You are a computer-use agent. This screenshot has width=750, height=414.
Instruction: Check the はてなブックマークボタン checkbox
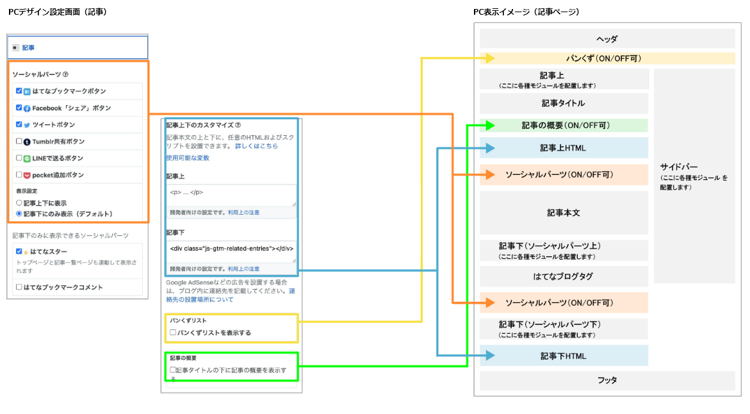pos(19,91)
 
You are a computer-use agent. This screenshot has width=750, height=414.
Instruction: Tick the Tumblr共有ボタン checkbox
pos(19,141)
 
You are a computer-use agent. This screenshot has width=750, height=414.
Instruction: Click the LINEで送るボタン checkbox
pos(19,158)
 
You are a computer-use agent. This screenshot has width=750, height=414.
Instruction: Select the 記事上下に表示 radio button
pos(19,203)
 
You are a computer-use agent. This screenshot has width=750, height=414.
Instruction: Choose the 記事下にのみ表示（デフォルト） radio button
pos(19,213)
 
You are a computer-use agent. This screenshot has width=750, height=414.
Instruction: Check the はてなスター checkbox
pos(19,251)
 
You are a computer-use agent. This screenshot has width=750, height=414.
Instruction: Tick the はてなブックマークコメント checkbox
pos(19,287)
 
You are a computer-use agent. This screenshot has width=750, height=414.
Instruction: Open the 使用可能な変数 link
pos(187,158)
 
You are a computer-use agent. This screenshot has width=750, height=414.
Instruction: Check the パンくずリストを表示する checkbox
pos(173,333)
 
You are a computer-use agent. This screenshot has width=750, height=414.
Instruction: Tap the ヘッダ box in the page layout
pos(607,38)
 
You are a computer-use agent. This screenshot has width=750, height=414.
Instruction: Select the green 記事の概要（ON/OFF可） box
pos(564,126)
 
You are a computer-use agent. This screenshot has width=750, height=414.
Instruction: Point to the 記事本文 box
pos(564,213)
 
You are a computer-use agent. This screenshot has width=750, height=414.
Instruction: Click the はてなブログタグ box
pos(564,277)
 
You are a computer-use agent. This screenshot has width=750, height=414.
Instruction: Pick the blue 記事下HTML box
pos(564,356)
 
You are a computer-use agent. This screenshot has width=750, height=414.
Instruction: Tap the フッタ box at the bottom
pos(607,380)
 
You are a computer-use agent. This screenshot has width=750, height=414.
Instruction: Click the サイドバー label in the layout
pos(680,167)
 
